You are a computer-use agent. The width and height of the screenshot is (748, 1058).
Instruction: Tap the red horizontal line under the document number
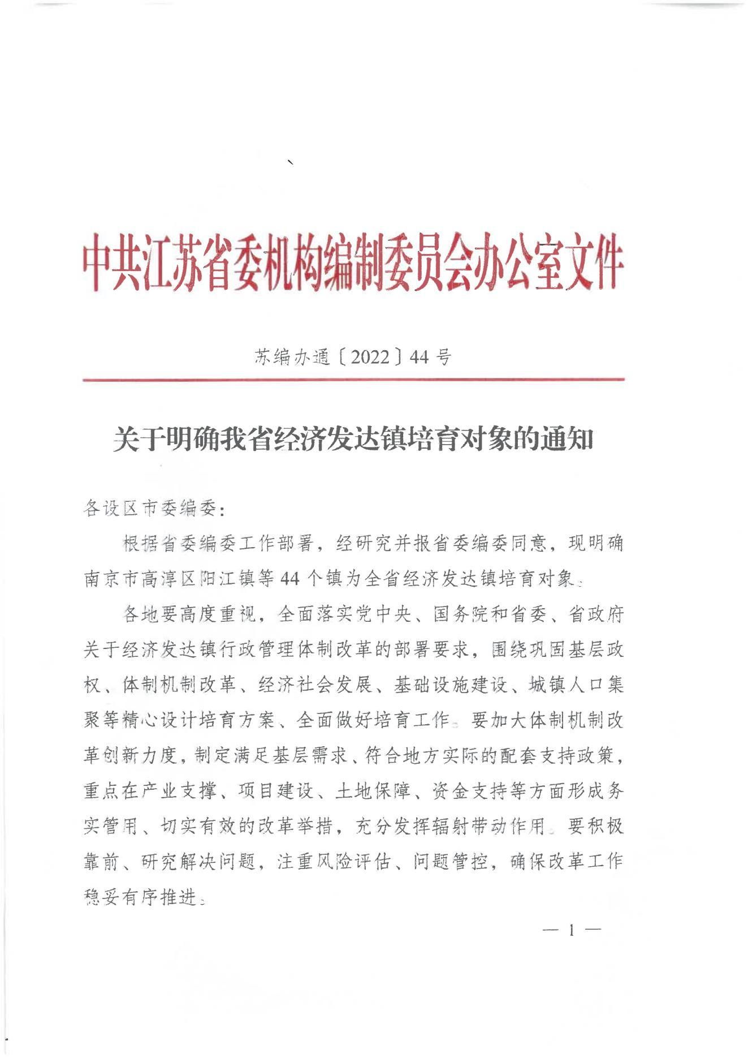click(353, 379)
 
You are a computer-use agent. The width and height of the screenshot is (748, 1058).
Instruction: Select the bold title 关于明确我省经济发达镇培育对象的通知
click(353, 439)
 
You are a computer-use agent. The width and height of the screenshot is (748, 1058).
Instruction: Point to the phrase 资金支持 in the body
click(469, 791)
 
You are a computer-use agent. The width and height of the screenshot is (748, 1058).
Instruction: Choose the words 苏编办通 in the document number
click(292, 357)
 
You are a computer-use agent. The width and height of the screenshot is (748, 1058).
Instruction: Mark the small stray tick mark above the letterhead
click(291, 163)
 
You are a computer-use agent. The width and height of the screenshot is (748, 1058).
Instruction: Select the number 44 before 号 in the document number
click(420, 357)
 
